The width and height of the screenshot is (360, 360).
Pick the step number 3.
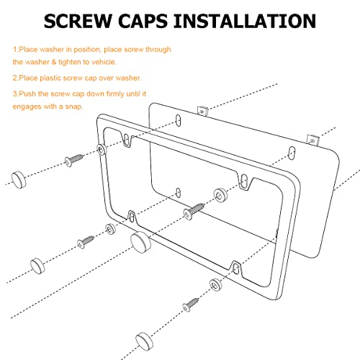click(14, 94)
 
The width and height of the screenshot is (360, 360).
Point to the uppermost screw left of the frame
click(73, 160)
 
